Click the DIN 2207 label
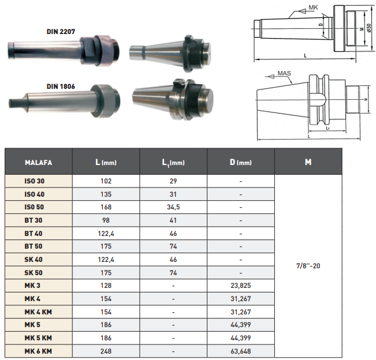point(61,32)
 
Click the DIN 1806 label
point(61,87)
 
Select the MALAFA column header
point(39,163)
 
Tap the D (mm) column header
point(241,162)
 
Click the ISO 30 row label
point(34,181)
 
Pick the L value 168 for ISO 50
point(106,207)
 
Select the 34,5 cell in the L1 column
point(173,207)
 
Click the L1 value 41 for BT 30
point(173,220)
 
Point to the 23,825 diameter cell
point(241,286)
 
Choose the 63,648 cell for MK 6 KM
point(241,351)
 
